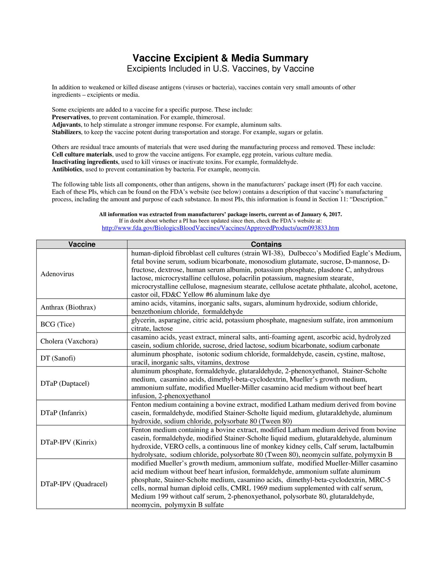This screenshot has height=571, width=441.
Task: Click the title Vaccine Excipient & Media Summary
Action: (220, 58)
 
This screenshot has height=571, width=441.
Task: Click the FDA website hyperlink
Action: (220, 228)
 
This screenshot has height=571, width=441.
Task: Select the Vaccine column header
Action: (82, 244)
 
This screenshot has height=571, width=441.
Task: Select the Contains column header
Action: (266, 244)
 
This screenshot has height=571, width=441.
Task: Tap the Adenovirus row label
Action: (57, 274)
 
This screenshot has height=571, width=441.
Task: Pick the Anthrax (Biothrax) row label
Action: (68, 307)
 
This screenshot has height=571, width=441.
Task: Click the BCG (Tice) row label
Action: (58, 324)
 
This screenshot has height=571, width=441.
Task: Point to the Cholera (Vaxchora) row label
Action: (69, 341)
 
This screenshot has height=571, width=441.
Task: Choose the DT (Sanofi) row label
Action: (58, 358)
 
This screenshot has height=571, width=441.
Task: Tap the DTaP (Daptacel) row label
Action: (65, 383)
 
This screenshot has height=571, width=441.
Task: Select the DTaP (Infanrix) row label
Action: (64, 413)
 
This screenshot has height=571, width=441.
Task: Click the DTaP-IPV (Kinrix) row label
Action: (69, 442)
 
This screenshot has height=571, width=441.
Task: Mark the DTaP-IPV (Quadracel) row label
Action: (74, 484)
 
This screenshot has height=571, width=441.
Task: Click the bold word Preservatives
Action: (70, 117)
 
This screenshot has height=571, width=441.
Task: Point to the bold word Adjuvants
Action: (66, 125)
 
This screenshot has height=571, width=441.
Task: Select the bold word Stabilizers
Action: (66, 132)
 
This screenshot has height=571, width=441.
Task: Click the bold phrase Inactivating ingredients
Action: (85, 162)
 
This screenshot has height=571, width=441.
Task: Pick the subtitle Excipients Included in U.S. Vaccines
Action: (220, 69)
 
